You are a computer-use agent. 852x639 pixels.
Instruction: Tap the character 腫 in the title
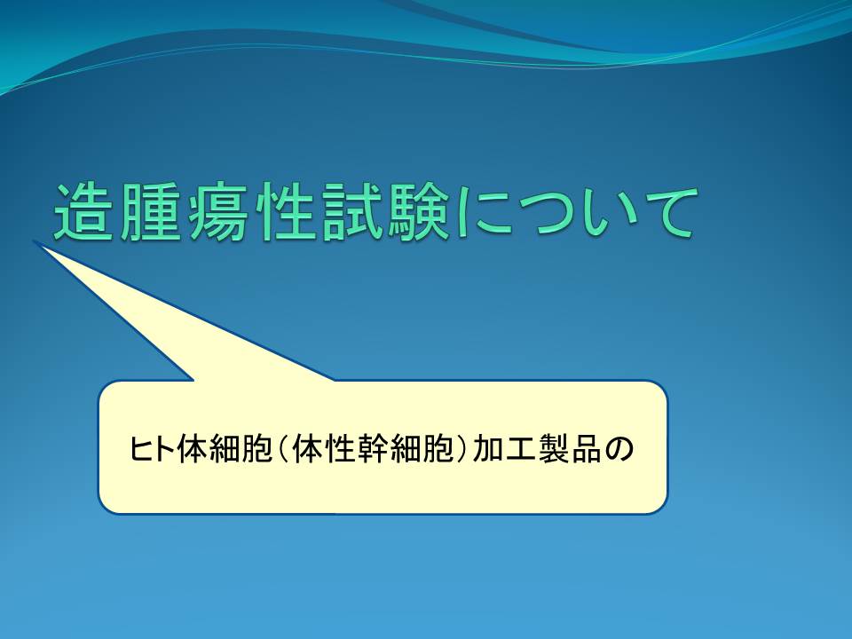coord(149,212)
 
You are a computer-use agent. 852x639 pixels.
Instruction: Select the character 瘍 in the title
coord(216,212)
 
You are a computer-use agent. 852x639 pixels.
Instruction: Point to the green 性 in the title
coord(283,212)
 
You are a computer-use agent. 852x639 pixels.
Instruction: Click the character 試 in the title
coord(350,212)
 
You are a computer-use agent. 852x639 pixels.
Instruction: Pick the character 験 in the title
coord(417,212)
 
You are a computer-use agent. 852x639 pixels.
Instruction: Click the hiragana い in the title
coord(611,214)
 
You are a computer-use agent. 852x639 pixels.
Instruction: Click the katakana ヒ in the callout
coord(139,449)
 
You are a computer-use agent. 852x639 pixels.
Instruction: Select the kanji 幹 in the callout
coord(374,449)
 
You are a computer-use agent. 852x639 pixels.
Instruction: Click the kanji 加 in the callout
coord(487,449)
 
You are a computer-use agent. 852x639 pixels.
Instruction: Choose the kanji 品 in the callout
coord(586,449)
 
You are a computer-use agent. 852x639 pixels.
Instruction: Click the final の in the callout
coord(619,450)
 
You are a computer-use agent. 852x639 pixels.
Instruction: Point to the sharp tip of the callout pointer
coord(35,241)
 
